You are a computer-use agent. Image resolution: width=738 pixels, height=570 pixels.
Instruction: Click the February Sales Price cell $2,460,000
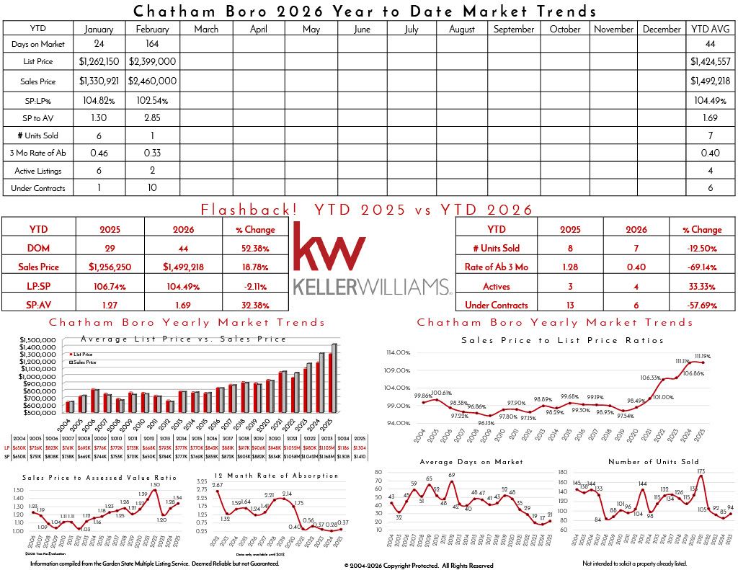152,81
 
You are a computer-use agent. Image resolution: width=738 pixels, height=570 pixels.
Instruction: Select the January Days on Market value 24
99,45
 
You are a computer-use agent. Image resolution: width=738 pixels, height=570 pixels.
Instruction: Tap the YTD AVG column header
711,29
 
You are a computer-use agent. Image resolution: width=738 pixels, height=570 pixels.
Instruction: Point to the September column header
514,30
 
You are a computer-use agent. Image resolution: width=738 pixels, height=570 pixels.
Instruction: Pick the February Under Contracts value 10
152,188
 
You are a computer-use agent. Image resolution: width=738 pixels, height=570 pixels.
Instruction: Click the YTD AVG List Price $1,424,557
711,62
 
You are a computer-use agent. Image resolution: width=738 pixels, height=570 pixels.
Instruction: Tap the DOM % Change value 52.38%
255,248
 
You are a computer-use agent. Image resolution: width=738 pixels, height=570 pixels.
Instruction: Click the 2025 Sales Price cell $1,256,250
110,267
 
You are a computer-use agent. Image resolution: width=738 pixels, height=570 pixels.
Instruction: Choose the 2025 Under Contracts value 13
564,305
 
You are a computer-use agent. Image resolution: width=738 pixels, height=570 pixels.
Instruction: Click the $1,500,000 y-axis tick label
37,339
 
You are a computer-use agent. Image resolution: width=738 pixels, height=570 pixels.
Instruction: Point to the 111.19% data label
701,356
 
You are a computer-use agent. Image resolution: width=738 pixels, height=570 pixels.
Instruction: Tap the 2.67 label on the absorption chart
218,486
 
